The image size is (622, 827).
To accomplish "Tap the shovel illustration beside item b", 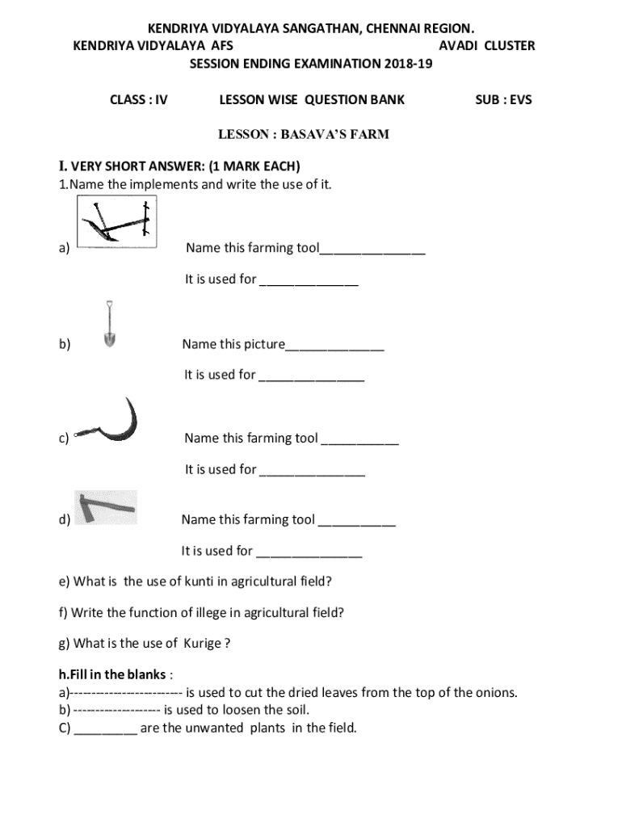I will tap(109, 325).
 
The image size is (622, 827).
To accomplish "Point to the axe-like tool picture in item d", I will tap(106, 507).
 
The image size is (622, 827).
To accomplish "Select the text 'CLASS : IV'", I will tap(138, 101).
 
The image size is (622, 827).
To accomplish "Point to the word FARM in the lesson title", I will tap(369, 134).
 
